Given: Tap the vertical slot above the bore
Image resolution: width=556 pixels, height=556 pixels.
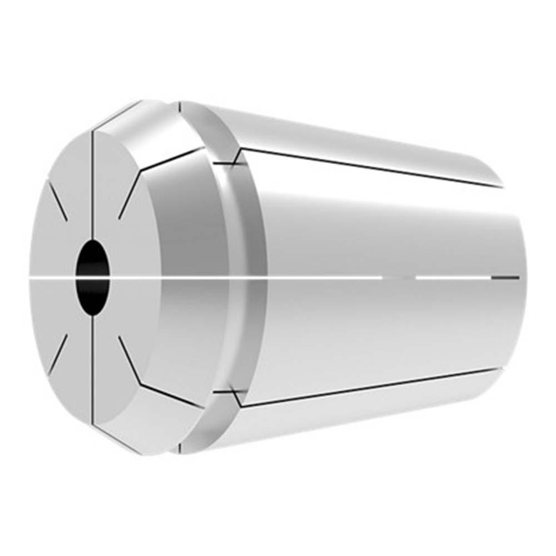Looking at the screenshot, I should pyautogui.click(x=93, y=183).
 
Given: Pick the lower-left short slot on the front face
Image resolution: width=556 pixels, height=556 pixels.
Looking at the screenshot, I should pyautogui.click(x=58, y=354).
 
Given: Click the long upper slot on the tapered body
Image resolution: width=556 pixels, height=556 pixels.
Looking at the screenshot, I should pyautogui.click(x=367, y=167).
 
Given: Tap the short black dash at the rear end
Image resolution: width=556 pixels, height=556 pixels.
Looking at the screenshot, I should pyautogui.click(x=505, y=277).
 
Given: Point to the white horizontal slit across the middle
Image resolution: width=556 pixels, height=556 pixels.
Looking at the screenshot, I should pyautogui.click(x=222, y=276).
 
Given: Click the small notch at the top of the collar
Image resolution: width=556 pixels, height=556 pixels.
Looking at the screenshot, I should pyautogui.click(x=180, y=106).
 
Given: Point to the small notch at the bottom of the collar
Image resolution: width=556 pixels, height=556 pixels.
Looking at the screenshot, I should pyautogui.click(x=180, y=448).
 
